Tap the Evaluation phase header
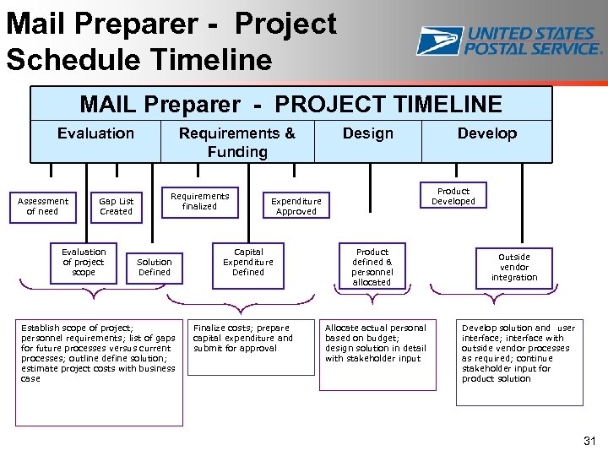pyautogui.click(x=95, y=133)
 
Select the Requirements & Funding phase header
pyautogui.click(x=237, y=142)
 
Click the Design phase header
pyautogui.click(x=367, y=133)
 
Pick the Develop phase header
pyautogui.click(x=486, y=133)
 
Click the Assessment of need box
pyautogui.click(x=43, y=206)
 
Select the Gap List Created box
pyautogui.click(x=116, y=206)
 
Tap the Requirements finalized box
pyautogui.click(x=199, y=201)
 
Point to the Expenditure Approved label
pyautogui.click(x=296, y=206)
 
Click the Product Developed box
pyautogui.click(x=453, y=196)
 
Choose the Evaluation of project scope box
pyautogui.click(x=84, y=262)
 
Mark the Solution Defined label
pyautogui.click(x=154, y=267)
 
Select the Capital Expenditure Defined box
pyautogui.click(x=248, y=262)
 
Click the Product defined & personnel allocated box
pyautogui.click(x=372, y=267)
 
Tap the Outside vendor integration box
pyautogui.click(x=513, y=267)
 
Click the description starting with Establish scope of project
pyautogui.click(x=99, y=353)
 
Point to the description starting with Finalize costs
pyautogui.click(x=244, y=338)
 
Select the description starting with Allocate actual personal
pyautogui.click(x=377, y=343)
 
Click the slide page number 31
pyautogui.click(x=589, y=441)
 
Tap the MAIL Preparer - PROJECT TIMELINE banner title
pyautogui.click(x=290, y=105)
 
